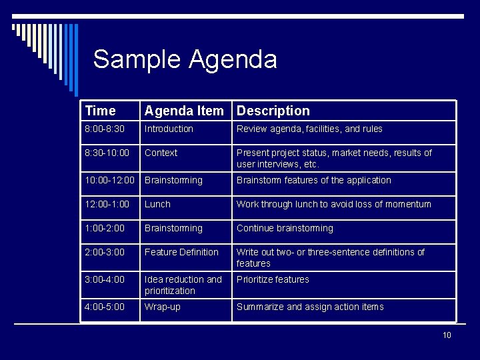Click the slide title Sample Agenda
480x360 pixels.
185,59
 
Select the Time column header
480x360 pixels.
101,111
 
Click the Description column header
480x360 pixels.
273,111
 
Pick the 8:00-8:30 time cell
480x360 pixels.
105,129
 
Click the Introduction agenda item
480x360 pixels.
169,129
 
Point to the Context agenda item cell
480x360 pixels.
161,153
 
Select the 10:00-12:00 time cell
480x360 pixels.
110,180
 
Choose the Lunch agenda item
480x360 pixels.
158,204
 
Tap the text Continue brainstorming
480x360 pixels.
285,228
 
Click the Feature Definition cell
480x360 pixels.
181,252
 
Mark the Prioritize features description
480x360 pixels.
273,279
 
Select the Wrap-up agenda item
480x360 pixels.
163,307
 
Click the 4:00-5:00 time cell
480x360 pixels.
105,307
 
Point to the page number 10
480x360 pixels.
447,335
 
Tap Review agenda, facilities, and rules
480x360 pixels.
309,129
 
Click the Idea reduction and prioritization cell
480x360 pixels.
183,285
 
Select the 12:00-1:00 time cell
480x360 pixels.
108,204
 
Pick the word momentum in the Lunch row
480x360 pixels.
409,204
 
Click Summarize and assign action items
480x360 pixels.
310,307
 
